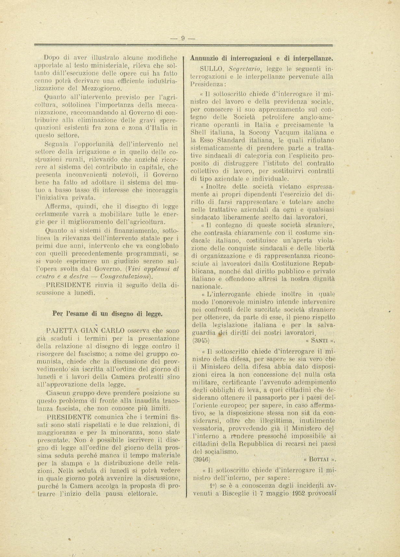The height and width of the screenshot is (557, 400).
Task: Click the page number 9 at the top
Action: pyautogui.click(x=183, y=38)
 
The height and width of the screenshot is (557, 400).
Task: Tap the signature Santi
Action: pyautogui.click(x=320, y=341)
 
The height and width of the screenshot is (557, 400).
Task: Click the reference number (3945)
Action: pyautogui.click(x=201, y=341)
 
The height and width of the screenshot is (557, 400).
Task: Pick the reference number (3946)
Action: pyautogui.click(x=201, y=460)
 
